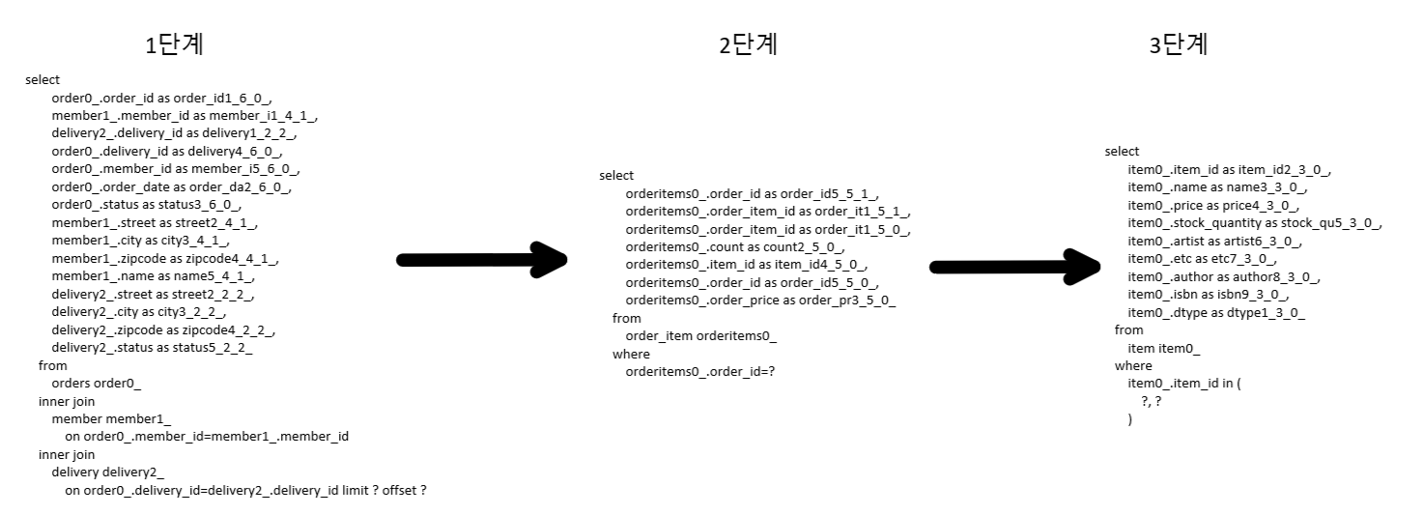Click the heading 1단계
tap(174, 45)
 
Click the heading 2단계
tap(748, 44)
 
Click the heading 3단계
tap(1178, 44)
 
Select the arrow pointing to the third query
tap(1014, 267)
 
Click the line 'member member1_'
tap(111, 418)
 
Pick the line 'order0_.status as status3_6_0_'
tap(146, 205)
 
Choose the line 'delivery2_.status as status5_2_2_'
tap(152, 348)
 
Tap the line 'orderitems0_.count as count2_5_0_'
tap(734, 246)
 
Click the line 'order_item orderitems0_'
tap(700, 335)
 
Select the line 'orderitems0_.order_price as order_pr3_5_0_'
tap(760, 300)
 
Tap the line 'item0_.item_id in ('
tap(1183, 384)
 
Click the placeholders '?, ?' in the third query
tap(1151, 401)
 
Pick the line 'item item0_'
tap(1164, 348)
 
